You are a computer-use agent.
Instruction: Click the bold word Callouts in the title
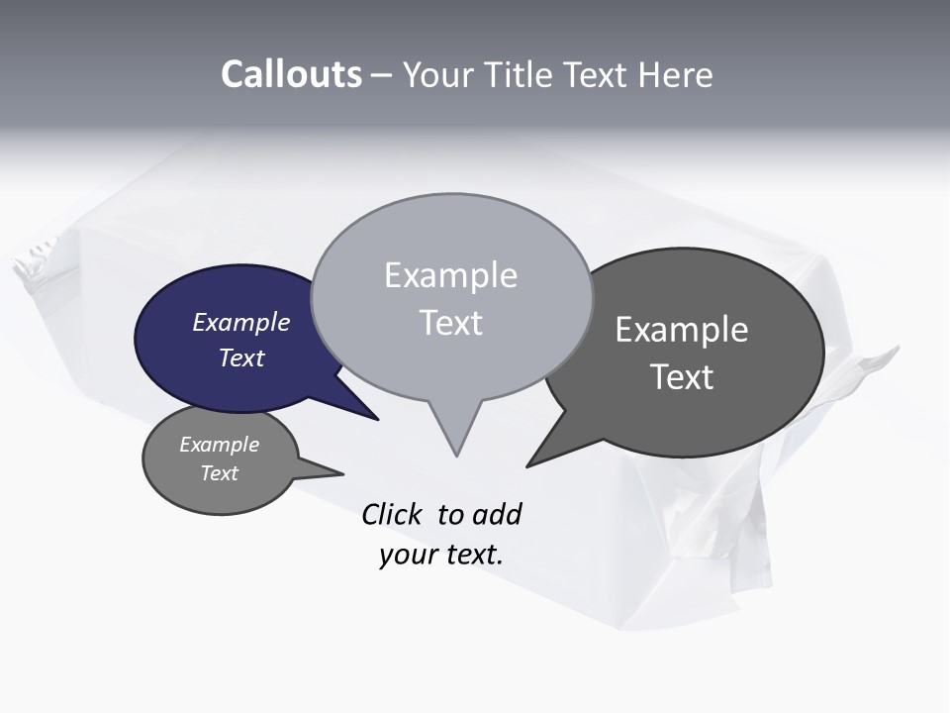[x=291, y=74]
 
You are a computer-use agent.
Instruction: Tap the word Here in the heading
[x=675, y=75]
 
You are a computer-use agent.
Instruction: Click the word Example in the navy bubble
[x=240, y=322]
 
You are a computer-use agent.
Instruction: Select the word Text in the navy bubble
[x=240, y=357]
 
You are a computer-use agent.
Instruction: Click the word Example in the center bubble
[x=450, y=275]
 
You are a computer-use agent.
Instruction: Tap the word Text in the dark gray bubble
[x=682, y=376]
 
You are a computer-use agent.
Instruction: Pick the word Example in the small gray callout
[x=219, y=445]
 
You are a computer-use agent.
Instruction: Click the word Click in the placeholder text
[x=391, y=514]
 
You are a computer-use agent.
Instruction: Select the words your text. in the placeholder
[x=440, y=555]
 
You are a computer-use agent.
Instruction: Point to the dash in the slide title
[x=383, y=75]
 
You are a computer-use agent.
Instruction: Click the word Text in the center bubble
[x=450, y=323]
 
